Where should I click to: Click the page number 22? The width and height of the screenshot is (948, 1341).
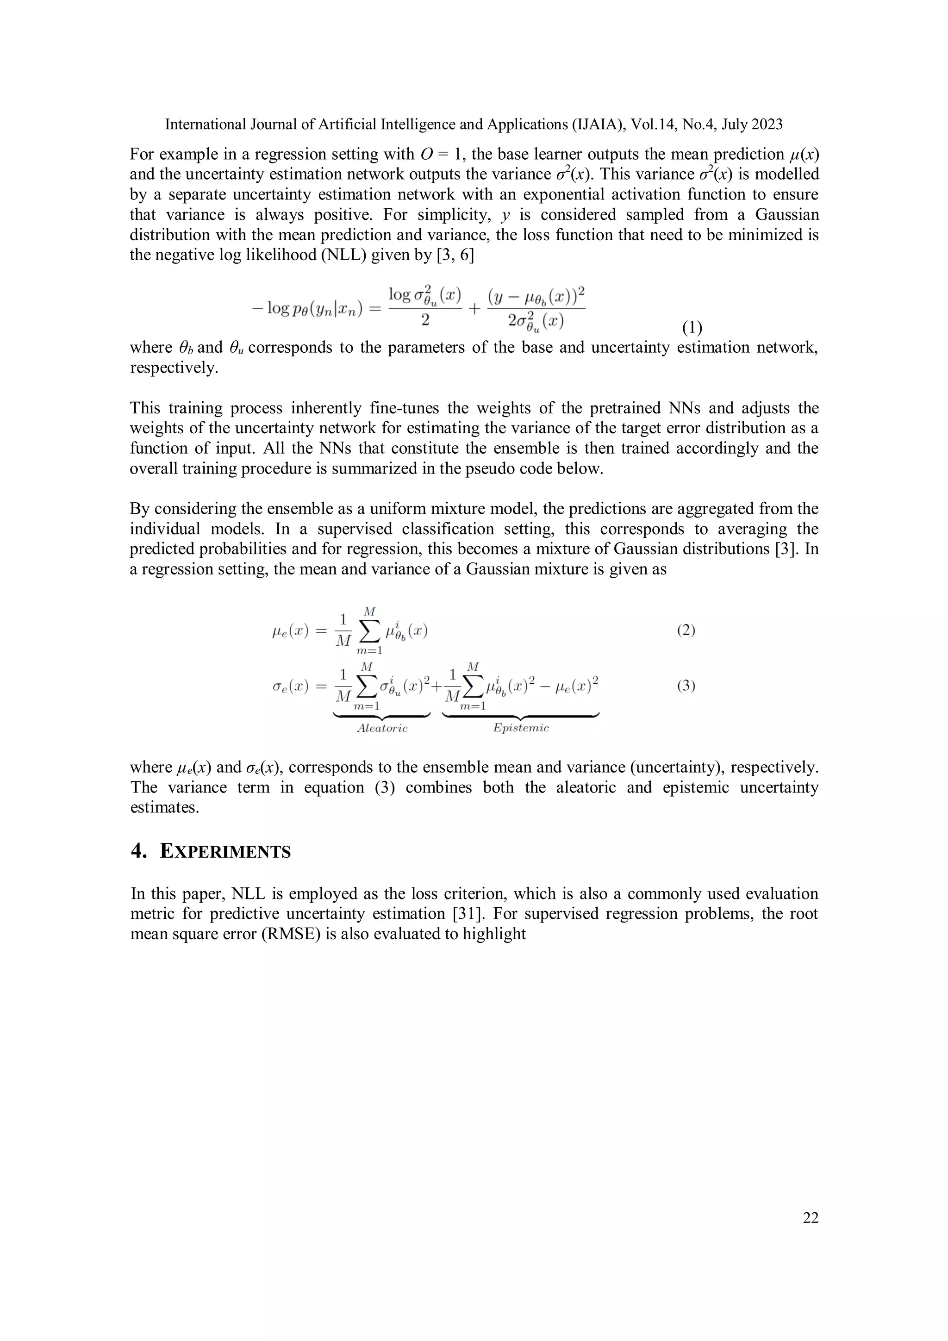(x=810, y=1217)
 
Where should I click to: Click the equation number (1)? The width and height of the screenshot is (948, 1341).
(x=692, y=328)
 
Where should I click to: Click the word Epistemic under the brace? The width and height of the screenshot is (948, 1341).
(x=521, y=728)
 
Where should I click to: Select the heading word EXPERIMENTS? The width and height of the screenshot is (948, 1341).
(x=225, y=852)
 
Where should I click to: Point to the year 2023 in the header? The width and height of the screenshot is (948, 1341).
(x=767, y=125)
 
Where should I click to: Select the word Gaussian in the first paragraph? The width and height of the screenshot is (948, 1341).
(x=787, y=214)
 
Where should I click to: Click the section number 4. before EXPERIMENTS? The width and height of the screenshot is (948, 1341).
(x=139, y=852)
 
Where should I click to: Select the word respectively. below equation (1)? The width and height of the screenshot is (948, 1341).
(x=174, y=368)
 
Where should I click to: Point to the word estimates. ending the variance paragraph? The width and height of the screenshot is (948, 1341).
(x=165, y=807)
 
